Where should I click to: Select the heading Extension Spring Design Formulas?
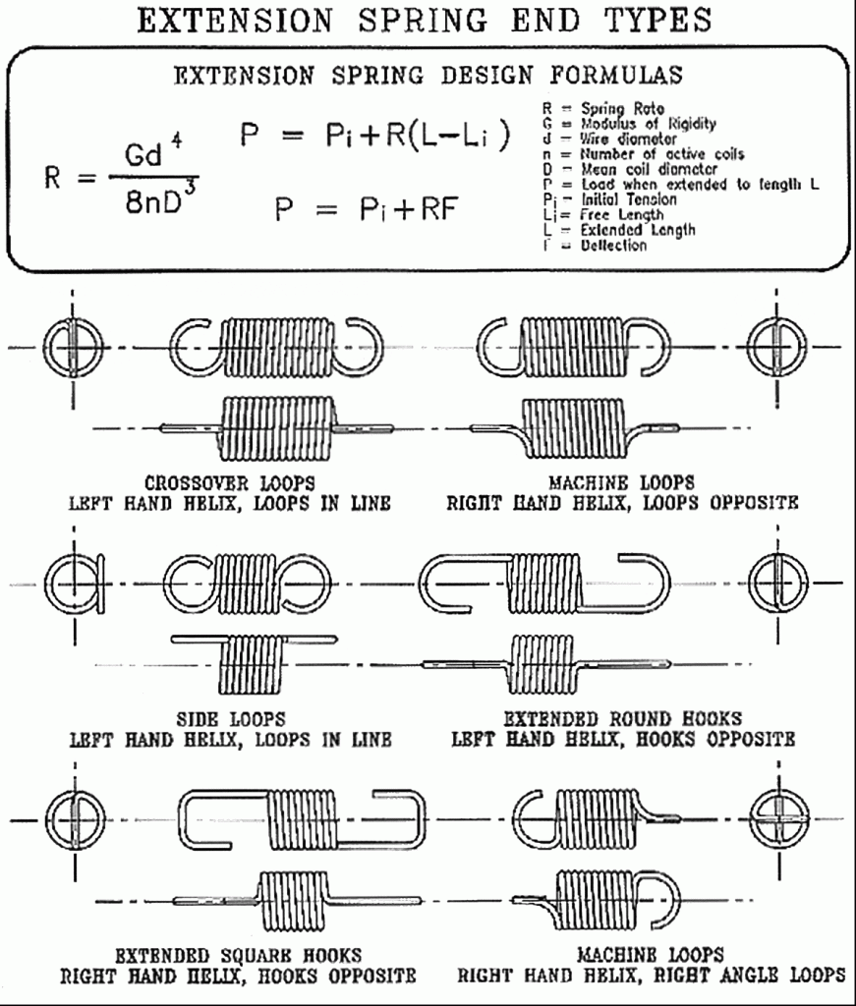[x=428, y=76]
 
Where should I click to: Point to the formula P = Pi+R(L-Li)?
[x=376, y=138]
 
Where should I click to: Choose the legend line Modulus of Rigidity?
[x=632, y=124]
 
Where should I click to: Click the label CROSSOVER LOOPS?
[x=229, y=482]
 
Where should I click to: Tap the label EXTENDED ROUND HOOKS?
[x=623, y=718]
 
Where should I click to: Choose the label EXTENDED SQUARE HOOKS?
[x=239, y=955]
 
